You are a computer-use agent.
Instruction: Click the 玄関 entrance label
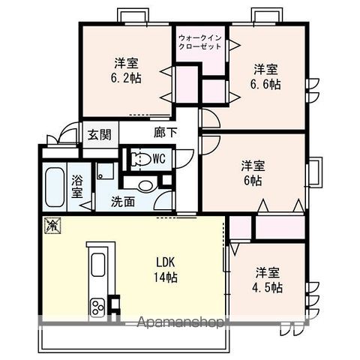pyautogui.click(x=98, y=135)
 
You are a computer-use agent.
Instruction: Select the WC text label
pyautogui.click(x=159, y=158)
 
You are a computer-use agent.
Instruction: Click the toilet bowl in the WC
pyautogui.click(x=139, y=158)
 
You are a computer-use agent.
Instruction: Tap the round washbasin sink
pyautogui.click(x=145, y=184)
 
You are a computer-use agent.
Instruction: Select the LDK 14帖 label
pyautogui.click(x=166, y=269)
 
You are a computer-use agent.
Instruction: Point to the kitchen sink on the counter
pyautogui.click(x=98, y=265)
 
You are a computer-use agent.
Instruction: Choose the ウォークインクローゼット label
pyautogui.click(x=200, y=42)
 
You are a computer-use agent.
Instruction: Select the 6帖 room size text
pyautogui.click(x=252, y=181)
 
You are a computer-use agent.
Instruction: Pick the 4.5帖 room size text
pyautogui.click(x=267, y=287)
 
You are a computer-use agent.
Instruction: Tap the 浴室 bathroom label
pyautogui.click(x=78, y=186)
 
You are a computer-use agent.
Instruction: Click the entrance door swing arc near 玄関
pyautogui.click(x=70, y=135)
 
